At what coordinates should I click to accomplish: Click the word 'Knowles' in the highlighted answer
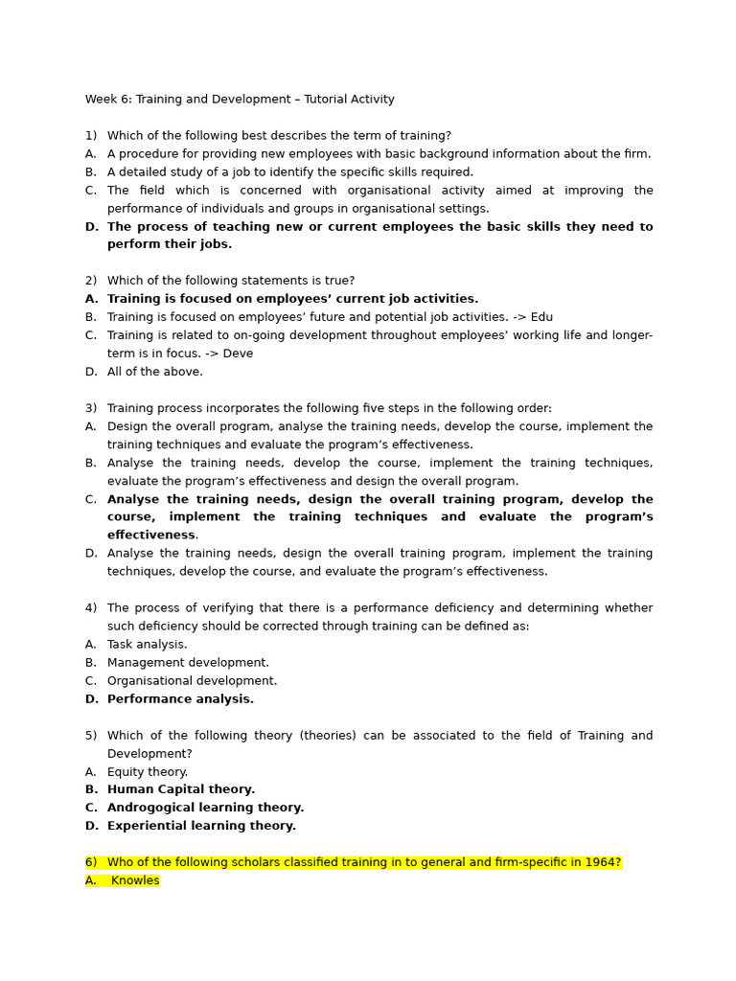tap(135, 880)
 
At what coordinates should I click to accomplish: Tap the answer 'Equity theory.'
tap(148, 772)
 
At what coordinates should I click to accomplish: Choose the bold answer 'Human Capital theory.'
tap(181, 789)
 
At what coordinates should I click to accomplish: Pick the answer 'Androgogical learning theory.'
tap(205, 808)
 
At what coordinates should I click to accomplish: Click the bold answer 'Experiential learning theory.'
tap(201, 826)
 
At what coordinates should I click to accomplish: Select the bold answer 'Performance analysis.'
tap(180, 699)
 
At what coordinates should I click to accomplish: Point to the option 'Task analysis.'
tap(147, 645)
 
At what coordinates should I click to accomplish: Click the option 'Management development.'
tap(188, 663)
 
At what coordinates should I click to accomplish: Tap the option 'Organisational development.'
tap(192, 681)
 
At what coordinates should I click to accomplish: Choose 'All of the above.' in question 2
tap(154, 372)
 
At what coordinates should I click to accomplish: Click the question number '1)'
tap(91, 136)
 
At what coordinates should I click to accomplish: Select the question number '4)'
tap(91, 608)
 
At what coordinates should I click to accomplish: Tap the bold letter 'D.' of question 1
tap(92, 227)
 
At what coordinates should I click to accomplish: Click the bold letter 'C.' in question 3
tap(91, 499)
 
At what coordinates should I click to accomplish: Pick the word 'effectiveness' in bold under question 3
tap(151, 536)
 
